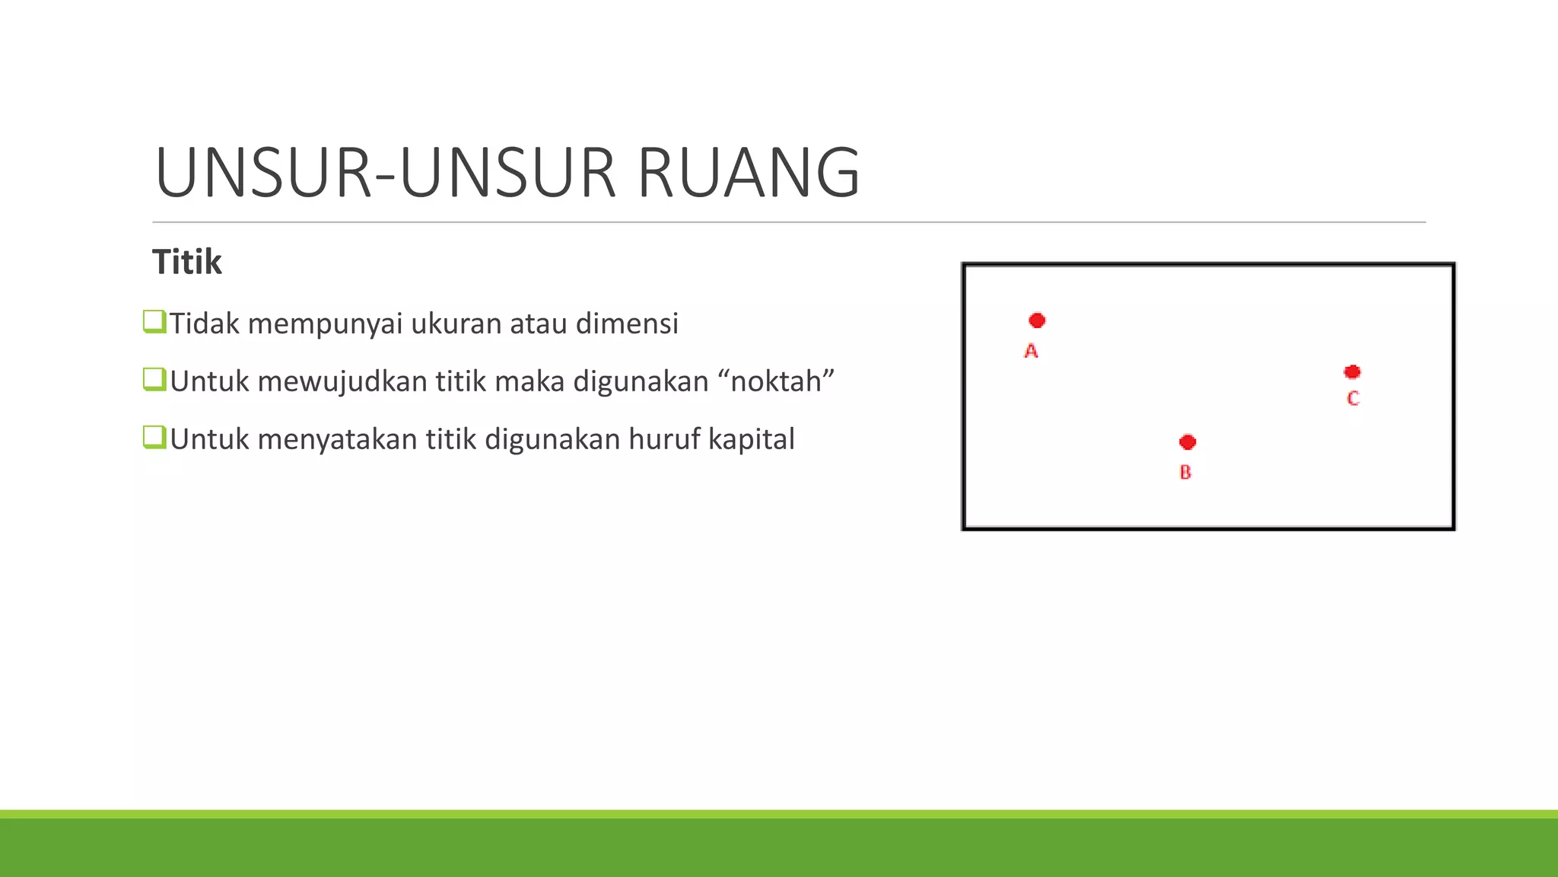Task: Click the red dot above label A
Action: click(1037, 321)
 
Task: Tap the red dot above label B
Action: click(1188, 442)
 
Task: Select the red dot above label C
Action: click(1352, 372)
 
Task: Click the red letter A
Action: click(1031, 351)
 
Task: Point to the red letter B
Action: click(1185, 472)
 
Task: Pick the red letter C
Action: click(1353, 398)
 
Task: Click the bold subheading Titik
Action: click(187, 262)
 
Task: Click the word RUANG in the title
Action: click(749, 173)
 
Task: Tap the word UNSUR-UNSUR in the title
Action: click(385, 173)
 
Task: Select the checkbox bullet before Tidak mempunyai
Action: click(154, 321)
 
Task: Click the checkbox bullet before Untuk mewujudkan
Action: click(154, 379)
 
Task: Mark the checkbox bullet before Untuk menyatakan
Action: click(154, 437)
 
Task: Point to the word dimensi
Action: click(627, 324)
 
